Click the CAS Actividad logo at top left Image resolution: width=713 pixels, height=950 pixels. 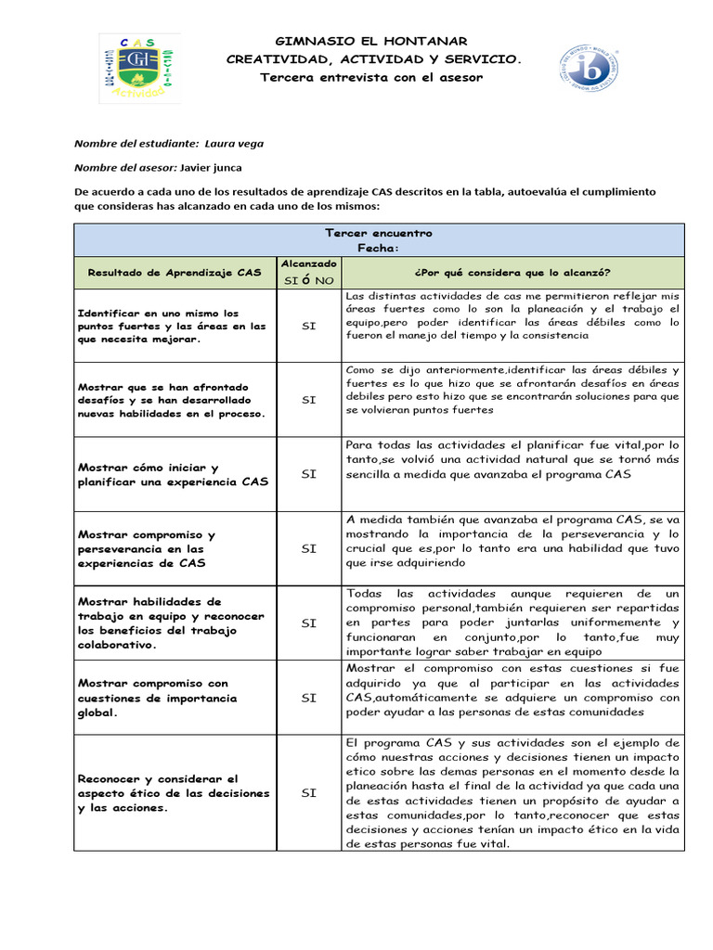(x=139, y=69)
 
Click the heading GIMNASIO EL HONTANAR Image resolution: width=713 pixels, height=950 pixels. (x=371, y=42)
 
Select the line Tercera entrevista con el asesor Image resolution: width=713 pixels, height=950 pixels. (x=371, y=77)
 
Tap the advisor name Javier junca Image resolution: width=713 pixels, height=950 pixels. (x=217, y=167)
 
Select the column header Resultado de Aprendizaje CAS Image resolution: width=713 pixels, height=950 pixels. (x=175, y=272)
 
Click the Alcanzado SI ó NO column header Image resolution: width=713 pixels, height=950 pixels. (x=308, y=272)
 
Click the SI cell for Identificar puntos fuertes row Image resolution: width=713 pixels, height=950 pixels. (x=308, y=326)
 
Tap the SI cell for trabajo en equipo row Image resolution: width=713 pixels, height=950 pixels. (x=308, y=623)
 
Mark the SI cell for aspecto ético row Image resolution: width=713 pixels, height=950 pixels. (x=308, y=793)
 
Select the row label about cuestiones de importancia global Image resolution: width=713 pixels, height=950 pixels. (x=158, y=698)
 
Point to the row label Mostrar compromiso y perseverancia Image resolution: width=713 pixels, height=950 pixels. (x=160, y=548)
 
